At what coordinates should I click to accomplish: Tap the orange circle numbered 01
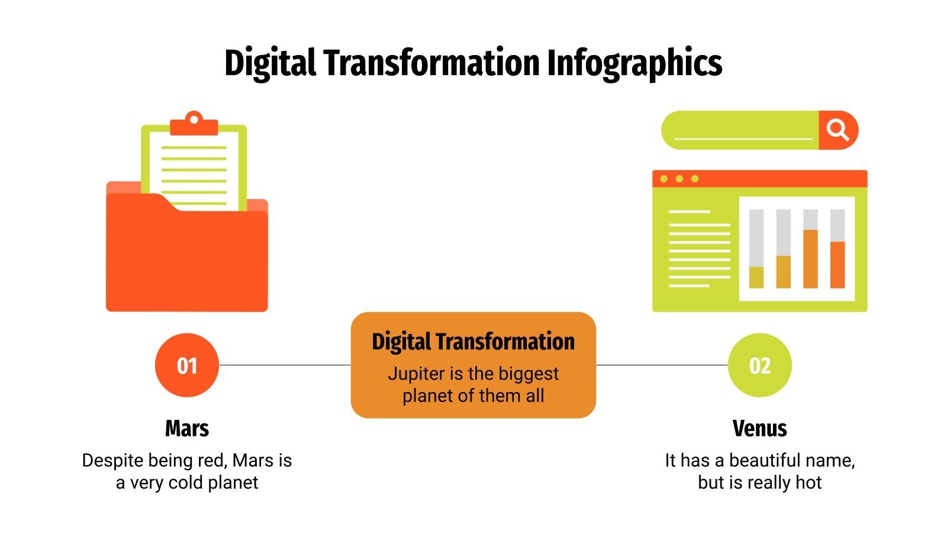187,365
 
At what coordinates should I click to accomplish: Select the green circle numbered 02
759,365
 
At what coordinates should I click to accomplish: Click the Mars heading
187,428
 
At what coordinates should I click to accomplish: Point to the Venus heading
759,428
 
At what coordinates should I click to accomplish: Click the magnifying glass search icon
838,130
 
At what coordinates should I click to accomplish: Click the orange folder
186,261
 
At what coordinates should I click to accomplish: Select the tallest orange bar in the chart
810,259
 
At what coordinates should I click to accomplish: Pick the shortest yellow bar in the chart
756,277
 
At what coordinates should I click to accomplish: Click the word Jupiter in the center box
417,374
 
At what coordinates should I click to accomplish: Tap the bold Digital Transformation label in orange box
473,342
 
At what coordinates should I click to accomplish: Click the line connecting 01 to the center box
285,365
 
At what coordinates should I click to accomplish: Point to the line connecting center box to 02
662,365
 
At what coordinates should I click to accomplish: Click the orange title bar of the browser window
769,178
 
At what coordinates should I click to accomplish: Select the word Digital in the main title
269,63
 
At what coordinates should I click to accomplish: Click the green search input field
740,130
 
